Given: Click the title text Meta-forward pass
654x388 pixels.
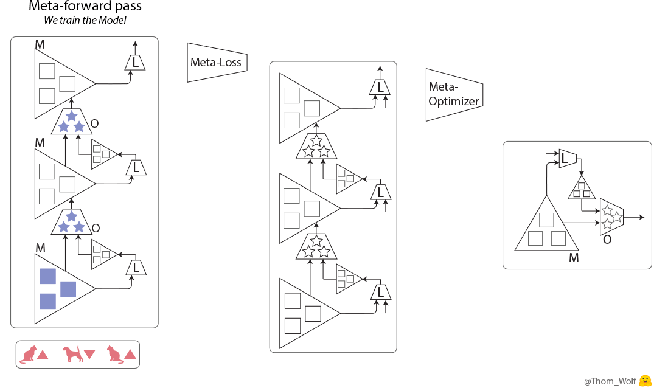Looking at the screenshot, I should coord(85,7).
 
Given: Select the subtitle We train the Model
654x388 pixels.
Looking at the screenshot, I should coord(85,21).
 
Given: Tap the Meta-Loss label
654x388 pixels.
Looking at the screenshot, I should coord(216,62).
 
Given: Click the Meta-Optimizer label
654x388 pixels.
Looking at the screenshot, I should coord(453,94).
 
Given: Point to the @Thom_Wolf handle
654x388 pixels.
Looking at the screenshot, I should coord(610,381).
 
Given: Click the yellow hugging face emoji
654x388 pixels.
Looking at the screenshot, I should coord(645,380).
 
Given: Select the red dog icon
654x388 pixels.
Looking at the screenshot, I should coord(72,354).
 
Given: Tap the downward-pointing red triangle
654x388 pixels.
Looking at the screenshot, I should coord(89,355).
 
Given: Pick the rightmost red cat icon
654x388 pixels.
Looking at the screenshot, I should coord(115,354).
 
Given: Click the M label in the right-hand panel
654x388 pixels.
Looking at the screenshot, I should coord(573,258).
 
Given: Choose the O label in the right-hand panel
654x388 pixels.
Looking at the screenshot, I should coord(607,240).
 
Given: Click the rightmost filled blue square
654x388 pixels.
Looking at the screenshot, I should coord(68,289).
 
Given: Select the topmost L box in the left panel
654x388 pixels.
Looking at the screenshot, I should coord(135,62).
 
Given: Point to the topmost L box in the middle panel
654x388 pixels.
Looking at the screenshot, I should coord(380,87).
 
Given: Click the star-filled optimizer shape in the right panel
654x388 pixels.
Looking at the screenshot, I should coord(611,217).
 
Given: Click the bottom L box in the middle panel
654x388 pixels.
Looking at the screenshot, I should coord(380,293).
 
